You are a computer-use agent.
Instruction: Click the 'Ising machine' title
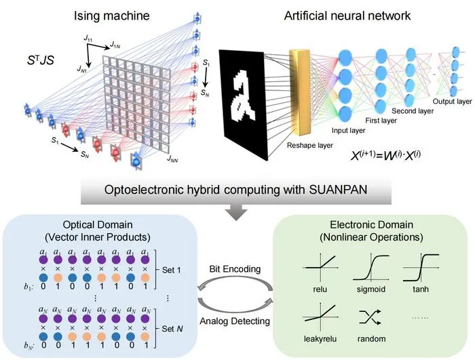click(112, 16)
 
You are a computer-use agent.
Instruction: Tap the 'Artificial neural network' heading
click(347, 16)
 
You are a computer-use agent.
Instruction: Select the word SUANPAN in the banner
click(338, 190)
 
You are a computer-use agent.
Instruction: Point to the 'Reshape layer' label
click(309, 145)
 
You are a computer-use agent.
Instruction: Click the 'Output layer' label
click(452, 102)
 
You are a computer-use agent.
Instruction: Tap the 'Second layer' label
click(413, 111)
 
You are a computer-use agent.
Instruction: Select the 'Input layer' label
click(348, 130)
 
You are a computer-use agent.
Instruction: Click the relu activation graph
click(320, 267)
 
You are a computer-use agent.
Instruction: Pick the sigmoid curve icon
click(370, 267)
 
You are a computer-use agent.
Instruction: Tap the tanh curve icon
click(421, 267)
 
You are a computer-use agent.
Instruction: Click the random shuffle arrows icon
click(370, 317)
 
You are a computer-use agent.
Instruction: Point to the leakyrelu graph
click(320, 317)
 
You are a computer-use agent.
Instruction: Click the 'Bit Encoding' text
click(235, 269)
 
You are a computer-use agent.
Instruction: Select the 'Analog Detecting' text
click(235, 321)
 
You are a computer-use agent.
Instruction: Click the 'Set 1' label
click(172, 270)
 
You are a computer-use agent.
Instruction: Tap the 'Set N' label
click(172, 329)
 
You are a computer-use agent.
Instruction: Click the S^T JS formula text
click(40, 60)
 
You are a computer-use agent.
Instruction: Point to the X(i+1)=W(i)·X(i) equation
click(385, 155)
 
